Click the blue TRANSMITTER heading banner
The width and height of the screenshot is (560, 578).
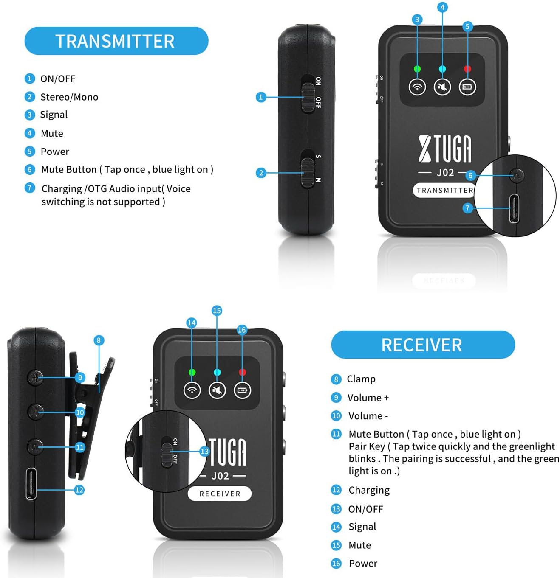click(116, 41)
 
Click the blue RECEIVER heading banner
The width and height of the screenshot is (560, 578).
click(422, 345)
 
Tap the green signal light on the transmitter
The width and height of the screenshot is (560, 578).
click(417, 69)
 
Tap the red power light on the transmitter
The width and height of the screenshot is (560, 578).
click(467, 69)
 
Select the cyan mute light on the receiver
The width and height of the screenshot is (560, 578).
click(217, 372)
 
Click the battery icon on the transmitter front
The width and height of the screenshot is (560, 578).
click(467, 87)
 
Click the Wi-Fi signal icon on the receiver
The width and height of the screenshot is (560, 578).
click(192, 390)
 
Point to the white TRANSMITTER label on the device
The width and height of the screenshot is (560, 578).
click(444, 190)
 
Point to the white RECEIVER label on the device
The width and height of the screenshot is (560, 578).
click(220, 494)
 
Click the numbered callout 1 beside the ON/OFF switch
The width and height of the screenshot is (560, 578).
click(261, 97)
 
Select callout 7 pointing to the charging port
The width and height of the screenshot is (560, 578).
click(467, 208)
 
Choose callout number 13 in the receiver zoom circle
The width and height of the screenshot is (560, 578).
click(204, 451)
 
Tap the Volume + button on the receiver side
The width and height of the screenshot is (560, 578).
click(36, 377)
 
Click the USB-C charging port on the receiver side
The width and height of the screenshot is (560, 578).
click(31, 483)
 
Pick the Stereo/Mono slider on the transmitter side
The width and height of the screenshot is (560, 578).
click(307, 173)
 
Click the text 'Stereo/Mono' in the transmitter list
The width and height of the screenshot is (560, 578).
click(69, 97)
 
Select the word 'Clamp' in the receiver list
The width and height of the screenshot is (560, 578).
click(361, 379)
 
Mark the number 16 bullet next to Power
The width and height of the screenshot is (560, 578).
click(336, 564)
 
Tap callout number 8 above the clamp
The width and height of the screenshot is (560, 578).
click(99, 340)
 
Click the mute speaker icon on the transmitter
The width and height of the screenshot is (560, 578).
click(442, 87)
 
